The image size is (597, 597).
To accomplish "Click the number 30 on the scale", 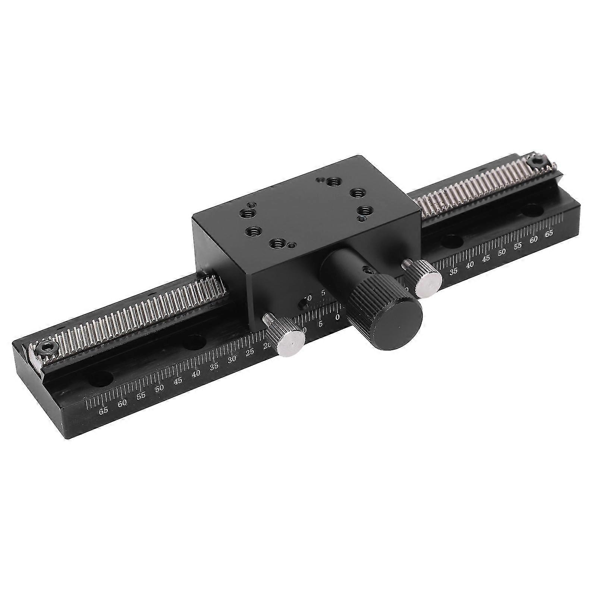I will coord(232,359).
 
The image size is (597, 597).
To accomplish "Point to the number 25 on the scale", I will coord(250,352).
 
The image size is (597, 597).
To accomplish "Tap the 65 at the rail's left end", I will coord(103,411).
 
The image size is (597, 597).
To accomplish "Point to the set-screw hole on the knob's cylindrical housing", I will coord(368,270).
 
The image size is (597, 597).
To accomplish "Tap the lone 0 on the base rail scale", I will coord(337,318).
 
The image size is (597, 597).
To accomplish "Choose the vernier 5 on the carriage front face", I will coord(323,293).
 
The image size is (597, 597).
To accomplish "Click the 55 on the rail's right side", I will coord(518,246).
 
